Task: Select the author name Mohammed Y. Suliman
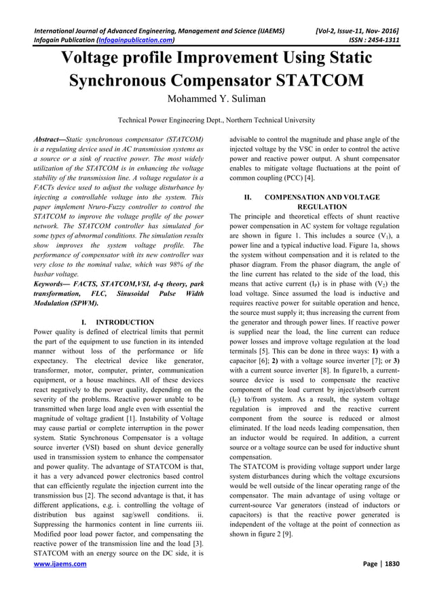[x=216, y=100]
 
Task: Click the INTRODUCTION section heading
[x=125, y=322]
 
